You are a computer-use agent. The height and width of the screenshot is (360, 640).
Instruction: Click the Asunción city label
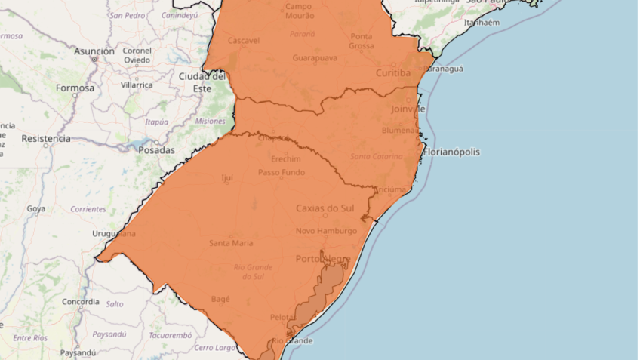94,51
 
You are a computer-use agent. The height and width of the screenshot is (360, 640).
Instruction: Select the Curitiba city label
393,73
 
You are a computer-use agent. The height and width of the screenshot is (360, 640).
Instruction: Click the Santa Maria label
231,242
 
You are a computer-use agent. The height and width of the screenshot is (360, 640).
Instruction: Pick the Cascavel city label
243,40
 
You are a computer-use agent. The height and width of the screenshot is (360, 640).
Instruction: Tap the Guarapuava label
314,57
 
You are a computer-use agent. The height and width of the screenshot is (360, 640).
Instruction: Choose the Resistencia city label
46,139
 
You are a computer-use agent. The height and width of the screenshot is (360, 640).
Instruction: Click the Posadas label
156,150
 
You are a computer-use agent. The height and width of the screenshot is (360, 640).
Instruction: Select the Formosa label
75,88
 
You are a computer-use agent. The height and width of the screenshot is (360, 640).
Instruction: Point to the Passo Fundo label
282,172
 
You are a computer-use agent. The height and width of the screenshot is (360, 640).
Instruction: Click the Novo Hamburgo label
326,231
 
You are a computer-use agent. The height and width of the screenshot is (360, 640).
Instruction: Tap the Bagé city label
220,299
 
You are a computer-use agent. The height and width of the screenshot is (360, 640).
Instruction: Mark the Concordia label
81,302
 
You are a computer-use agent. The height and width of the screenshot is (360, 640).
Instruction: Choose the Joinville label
408,109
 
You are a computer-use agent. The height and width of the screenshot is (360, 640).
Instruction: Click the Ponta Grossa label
362,41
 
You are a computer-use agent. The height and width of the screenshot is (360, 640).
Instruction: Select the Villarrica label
137,85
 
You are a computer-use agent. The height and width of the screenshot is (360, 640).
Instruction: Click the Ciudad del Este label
202,82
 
